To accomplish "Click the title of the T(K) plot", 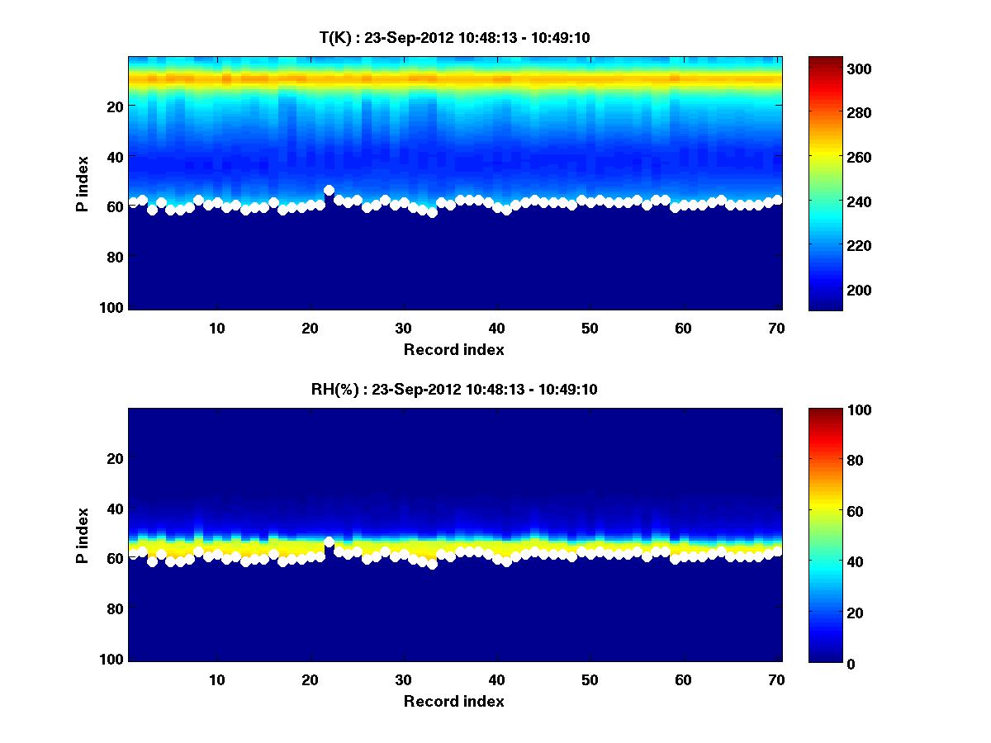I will click(453, 37).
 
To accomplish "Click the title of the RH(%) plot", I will click(453, 389).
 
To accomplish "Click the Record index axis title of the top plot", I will click(453, 349).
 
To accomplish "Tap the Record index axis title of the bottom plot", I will click(453, 701).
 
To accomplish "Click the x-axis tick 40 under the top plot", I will click(496, 328).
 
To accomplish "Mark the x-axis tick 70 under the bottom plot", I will click(776, 679).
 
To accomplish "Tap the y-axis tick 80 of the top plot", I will click(114, 257).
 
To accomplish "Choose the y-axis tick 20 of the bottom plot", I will click(114, 458).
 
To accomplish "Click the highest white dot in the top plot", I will click(329, 190).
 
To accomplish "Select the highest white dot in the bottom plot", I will click(329, 542).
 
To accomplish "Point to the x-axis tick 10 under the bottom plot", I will click(216, 679).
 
